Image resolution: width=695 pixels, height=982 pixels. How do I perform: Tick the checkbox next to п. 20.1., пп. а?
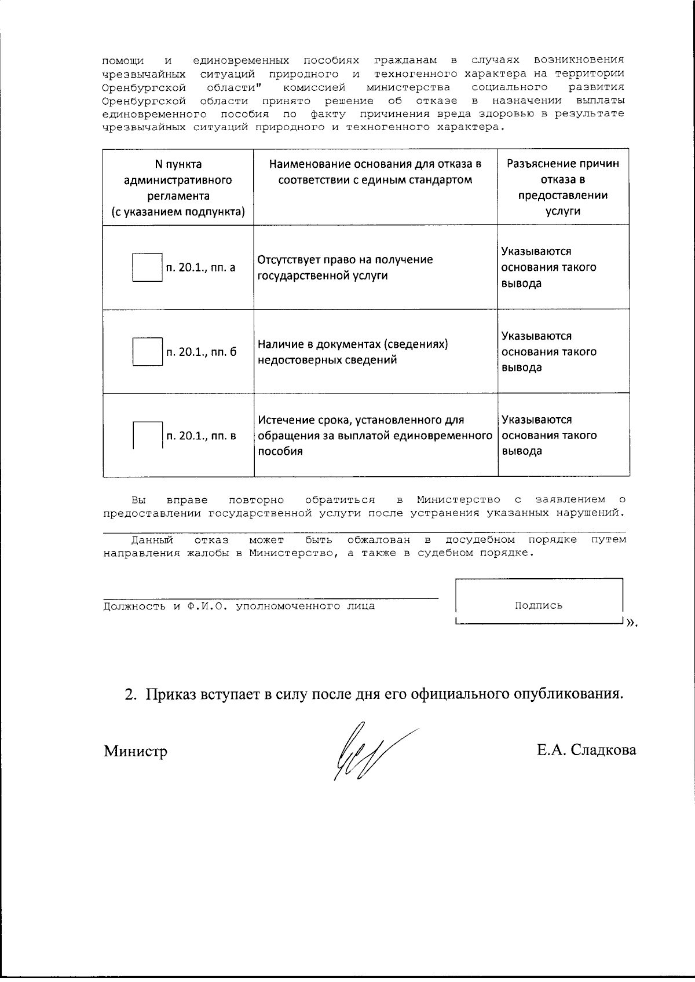(147, 267)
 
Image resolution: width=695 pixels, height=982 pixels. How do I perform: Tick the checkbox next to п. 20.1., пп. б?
(147, 352)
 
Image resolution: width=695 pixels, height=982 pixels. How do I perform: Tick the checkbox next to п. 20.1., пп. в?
(147, 436)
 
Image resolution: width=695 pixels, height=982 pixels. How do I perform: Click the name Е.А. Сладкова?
(586, 750)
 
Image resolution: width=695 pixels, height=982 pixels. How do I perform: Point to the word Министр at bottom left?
(136, 751)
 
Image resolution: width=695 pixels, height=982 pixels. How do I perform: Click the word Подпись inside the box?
(539, 605)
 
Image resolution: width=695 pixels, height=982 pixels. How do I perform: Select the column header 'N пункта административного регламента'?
(178, 187)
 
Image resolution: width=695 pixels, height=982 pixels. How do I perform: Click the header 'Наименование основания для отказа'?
(375, 172)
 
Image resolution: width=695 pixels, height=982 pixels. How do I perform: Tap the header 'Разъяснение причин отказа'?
(563, 187)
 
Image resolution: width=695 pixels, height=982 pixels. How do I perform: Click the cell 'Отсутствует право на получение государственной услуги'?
(345, 267)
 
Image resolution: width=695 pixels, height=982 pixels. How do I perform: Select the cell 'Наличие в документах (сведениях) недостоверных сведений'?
(353, 352)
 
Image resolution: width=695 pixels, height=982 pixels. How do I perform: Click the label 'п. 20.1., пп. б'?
(202, 352)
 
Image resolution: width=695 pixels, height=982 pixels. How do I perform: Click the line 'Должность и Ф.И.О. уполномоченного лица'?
(239, 606)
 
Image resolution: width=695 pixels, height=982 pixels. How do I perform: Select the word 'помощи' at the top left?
(123, 60)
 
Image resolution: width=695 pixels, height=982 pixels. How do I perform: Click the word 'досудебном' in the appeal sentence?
(480, 539)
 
